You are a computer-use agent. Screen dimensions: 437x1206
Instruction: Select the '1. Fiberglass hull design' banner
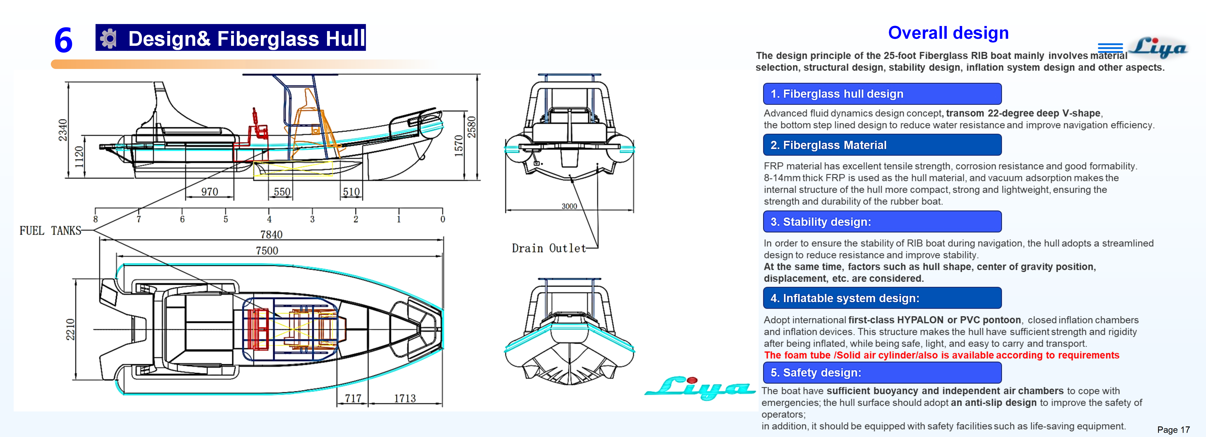coord(882,94)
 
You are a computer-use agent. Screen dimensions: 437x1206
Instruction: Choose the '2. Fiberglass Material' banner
coord(882,145)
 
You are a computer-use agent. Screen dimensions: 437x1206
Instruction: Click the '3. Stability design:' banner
coord(882,222)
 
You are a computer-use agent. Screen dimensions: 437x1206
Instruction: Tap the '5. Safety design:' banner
coord(882,372)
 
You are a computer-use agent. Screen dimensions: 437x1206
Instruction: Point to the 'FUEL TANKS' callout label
coord(50,230)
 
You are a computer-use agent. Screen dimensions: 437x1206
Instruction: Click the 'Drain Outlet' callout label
coord(549,248)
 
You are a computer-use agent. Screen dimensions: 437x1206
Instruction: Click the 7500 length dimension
coord(267,251)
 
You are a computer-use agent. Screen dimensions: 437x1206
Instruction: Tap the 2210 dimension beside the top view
coord(70,329)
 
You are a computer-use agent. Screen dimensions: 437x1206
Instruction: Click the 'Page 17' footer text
coord(1173,430)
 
